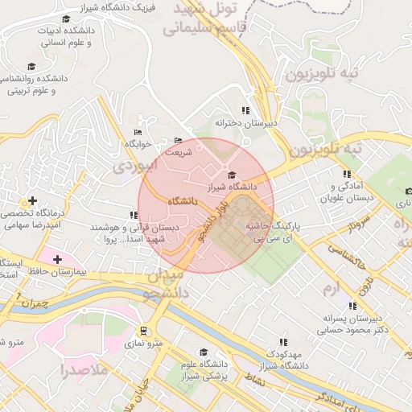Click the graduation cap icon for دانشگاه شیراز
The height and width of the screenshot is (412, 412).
232,175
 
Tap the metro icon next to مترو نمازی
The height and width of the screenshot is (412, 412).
144,331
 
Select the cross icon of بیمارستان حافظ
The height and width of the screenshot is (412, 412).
58,259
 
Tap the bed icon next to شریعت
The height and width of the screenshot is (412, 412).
178,140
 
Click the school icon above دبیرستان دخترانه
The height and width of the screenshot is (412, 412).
245,110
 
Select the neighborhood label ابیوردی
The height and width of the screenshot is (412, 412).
131,167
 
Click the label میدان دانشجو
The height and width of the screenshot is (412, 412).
168,284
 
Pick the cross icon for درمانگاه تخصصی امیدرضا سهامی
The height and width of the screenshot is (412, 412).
32,200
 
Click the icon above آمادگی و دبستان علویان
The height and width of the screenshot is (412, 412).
347,174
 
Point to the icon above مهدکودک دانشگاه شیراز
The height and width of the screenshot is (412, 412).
282,341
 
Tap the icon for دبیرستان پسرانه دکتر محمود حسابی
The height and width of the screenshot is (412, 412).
352,306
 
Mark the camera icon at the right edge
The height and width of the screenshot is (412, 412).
409,191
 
